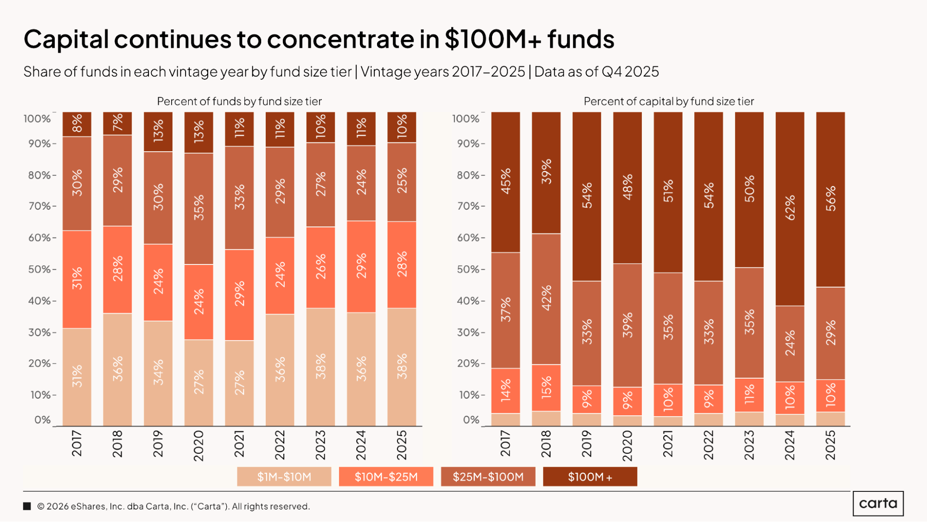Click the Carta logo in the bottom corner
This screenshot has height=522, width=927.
point(878,503)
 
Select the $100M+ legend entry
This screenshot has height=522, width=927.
point(590,477)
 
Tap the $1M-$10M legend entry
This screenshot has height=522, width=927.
point(284,477)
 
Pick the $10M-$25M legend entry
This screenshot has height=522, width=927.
point(386,477)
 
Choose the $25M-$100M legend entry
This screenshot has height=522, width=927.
point(488,477)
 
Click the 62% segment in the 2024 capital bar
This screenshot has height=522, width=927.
point(790,208)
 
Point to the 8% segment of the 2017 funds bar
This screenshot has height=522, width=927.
point(77,124)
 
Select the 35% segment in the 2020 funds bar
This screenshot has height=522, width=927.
point(199,208)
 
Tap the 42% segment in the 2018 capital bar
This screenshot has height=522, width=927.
point(546,299)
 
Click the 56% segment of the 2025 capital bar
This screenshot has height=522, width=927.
point(831,199)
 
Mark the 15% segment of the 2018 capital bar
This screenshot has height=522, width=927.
point(546,387)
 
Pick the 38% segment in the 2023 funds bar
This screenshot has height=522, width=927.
point(320,367)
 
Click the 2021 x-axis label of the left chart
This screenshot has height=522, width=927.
point(239,444)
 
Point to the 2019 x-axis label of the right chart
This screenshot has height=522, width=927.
point(587,444)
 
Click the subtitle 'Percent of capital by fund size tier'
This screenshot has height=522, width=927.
point(669,101)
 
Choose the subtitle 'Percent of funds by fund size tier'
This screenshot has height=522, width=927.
point(239,101)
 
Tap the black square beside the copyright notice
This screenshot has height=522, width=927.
point(27,506)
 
